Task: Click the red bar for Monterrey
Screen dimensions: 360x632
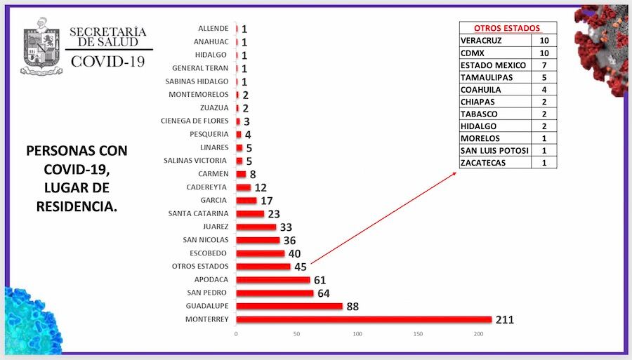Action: (x=364, y=319)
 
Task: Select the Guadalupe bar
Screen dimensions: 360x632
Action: (x=289, y=306)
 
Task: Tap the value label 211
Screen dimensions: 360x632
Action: (x=504, y=320)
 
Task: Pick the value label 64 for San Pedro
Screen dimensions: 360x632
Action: (x=324, y=293)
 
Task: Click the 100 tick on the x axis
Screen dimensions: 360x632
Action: (x=357, y=334)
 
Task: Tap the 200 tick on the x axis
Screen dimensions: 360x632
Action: (x=479, y=334)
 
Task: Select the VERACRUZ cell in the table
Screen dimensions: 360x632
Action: (x=495, y=41)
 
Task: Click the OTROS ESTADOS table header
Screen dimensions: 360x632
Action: (x=508, y=28)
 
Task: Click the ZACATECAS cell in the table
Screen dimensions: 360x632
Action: (x=495, y=163)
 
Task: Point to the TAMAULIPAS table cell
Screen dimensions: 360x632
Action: (x=495, y=77)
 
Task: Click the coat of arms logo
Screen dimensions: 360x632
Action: (x=42, y=46)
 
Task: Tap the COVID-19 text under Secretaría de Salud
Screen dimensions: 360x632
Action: (x=108, y=61)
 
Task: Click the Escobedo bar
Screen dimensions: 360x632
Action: (x=261, y=253)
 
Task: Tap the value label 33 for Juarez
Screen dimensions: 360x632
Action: (x=285, y=227)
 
